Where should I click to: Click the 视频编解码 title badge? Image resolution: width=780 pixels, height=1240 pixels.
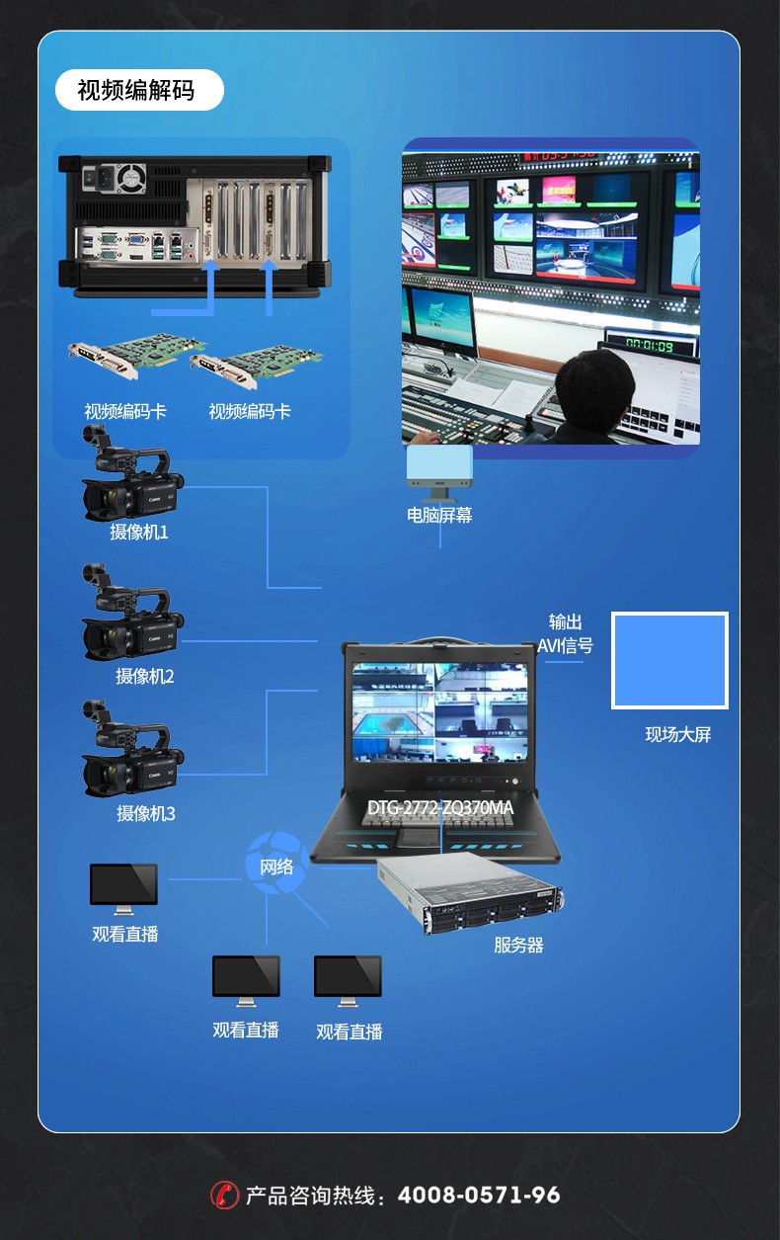(139, 90)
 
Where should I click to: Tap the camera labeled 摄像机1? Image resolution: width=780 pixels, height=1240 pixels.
(132, 473)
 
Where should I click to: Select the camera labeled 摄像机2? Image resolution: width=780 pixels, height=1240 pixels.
(132, 613)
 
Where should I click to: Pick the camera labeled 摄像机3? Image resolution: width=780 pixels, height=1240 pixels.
(132, 749)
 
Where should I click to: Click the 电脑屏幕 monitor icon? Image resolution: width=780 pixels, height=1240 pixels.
(439, 472)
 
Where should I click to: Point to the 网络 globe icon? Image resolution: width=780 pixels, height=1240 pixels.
(277, 864)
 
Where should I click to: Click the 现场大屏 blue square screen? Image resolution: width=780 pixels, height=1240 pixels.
(669, 660)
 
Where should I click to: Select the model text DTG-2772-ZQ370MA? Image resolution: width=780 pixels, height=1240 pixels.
(440, 808)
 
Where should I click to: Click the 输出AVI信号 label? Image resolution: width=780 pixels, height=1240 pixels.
(566, 634)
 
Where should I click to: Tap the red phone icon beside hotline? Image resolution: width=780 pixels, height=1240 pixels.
(224, 1196)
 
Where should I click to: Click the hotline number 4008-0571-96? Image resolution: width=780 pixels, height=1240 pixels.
(479, 1196)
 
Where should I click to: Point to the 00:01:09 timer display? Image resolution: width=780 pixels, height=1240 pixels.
(650, 346)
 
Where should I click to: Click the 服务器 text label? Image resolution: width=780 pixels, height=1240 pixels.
(519, 945)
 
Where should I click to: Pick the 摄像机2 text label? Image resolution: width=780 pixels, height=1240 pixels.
(145, 676)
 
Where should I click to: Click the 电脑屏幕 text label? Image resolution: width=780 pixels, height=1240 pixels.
(439, 516)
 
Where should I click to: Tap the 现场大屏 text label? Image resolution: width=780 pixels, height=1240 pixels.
(678, 734)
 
